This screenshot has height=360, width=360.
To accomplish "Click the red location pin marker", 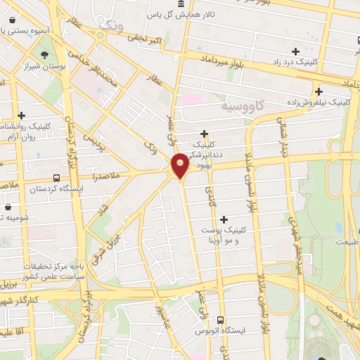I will click(181, 165).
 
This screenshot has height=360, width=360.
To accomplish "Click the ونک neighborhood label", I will click(110, 25).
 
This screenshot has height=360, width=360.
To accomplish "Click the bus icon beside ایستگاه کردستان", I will click(56, 178).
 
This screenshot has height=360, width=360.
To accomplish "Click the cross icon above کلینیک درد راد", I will click(295, 51).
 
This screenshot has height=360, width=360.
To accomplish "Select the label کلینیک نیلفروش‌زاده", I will click(319, 103).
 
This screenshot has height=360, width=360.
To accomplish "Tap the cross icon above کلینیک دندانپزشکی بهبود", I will click(205, 133).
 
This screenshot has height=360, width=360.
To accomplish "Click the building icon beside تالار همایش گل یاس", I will click(182, 4).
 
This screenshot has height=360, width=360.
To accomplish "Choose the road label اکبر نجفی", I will click(145, 39).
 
